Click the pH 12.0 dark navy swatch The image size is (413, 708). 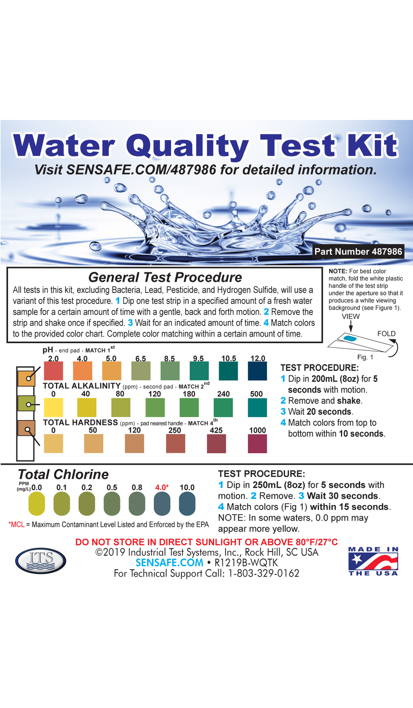click(257, 371)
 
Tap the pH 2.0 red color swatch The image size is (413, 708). click(53, 371)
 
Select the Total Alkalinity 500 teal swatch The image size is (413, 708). click(257, 407)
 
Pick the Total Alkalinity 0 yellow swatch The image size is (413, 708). click(53, 407)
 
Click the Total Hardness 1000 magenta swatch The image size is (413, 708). click(257, 444)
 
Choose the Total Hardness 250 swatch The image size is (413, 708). click(175, 444)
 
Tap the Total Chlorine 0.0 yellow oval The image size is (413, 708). click(37, 504)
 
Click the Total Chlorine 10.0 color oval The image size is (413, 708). click(187, 504)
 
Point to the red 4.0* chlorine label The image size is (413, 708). click(162, 487)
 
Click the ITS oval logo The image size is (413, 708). click(41, 560)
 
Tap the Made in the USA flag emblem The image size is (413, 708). click(373, 561)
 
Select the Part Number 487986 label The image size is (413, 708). click(358, 251)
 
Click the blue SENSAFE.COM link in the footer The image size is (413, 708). click(170, 563)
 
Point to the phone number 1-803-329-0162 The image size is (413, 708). click(264, 573)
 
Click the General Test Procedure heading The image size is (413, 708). click(165, 277)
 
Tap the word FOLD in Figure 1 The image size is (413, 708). click(386, 334)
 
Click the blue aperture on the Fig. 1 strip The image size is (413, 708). click(350, 339)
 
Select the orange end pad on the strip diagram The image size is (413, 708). click(26, 378)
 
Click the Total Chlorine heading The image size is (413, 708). click(63, 474)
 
